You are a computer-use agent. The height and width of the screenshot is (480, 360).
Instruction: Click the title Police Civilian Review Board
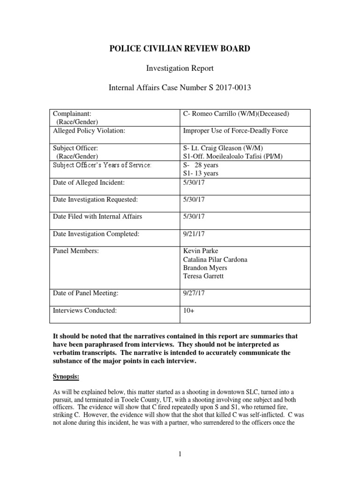click(x=180, y=49)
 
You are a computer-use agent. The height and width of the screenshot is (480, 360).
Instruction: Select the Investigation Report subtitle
click(x=180, y=68)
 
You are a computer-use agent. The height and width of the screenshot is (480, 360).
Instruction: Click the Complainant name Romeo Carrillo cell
click(x=236, y=114)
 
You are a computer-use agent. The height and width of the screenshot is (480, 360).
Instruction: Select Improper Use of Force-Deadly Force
click(x=235, y=131)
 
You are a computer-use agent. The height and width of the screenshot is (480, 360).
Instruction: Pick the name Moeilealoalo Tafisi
click(x=236, y=156)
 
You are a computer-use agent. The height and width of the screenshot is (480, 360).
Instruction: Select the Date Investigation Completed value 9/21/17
click(x=191, y=234)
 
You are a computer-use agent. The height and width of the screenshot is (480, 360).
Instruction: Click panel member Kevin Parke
click(x=200, y=251)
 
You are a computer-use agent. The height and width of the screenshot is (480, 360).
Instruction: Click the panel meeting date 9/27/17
click(x=191, y=293)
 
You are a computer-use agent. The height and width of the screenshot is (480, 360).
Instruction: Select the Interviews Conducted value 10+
click(x=188, y=310)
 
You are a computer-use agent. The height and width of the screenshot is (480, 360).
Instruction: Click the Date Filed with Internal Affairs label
click(x=97, y=217)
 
